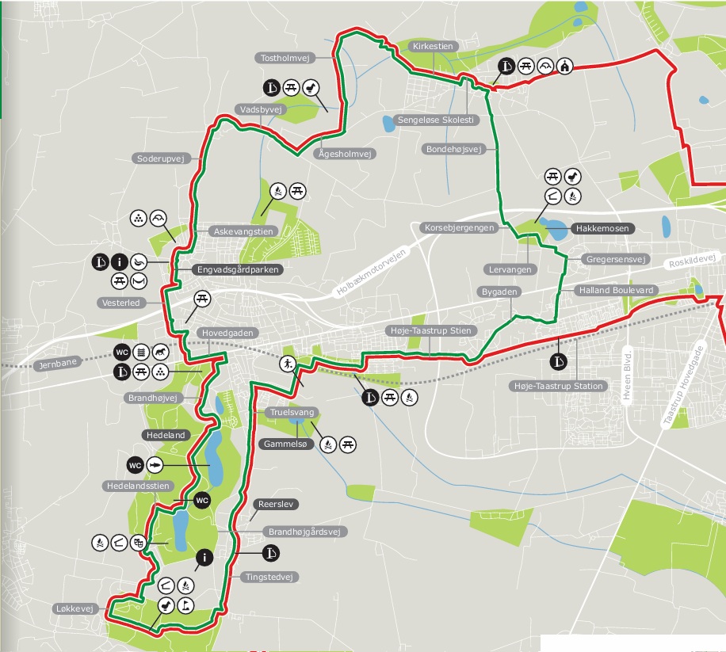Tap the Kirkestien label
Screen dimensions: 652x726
[434, 47]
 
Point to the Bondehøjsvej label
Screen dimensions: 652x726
[455, 149]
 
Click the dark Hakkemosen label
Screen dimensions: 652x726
[602, 228]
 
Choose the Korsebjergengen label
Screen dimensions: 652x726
[460, 227]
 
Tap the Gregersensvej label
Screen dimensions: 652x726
[616, 259]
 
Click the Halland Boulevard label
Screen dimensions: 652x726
[617, 291]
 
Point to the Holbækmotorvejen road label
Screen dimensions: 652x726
[371, 272]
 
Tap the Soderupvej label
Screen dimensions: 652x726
[160, 158]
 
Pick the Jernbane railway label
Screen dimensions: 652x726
[59, 365]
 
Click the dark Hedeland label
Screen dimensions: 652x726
[165, 435]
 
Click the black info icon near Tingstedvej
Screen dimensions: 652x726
[204, 559]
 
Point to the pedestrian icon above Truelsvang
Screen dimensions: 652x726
[287, 365]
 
